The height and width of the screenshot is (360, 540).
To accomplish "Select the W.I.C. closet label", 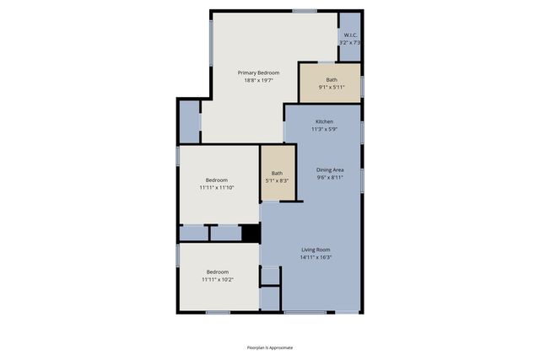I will [x=350, y=35].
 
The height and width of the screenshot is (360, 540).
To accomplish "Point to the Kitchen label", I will [x=324, y=121].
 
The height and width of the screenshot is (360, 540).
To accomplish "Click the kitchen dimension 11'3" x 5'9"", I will [x=324, y=129].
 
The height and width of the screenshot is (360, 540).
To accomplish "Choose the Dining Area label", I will [x=330, y=169].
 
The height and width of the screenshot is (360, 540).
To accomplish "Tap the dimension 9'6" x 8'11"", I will [x=330, y=177].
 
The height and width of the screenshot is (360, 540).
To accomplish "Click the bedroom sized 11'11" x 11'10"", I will [x=217, y=183].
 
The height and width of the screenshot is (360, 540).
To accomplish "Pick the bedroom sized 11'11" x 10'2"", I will [x=218, y=276].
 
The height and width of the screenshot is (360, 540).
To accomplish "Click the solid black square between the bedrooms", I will [x=250, y=233].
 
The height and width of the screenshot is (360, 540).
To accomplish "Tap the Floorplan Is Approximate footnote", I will [x=270, y=347].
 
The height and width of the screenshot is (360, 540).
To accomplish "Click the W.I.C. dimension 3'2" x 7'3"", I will [x=350, y=42].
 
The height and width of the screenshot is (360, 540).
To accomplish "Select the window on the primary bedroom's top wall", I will [x=305, y=11].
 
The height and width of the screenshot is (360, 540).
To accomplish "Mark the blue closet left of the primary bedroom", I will [x=190, y=121].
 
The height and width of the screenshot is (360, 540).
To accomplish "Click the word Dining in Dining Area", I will [x=323, y=169].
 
